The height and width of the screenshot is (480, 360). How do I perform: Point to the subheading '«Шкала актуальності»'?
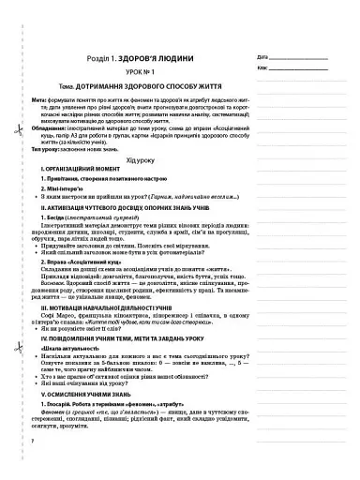(x=72, y=386)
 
